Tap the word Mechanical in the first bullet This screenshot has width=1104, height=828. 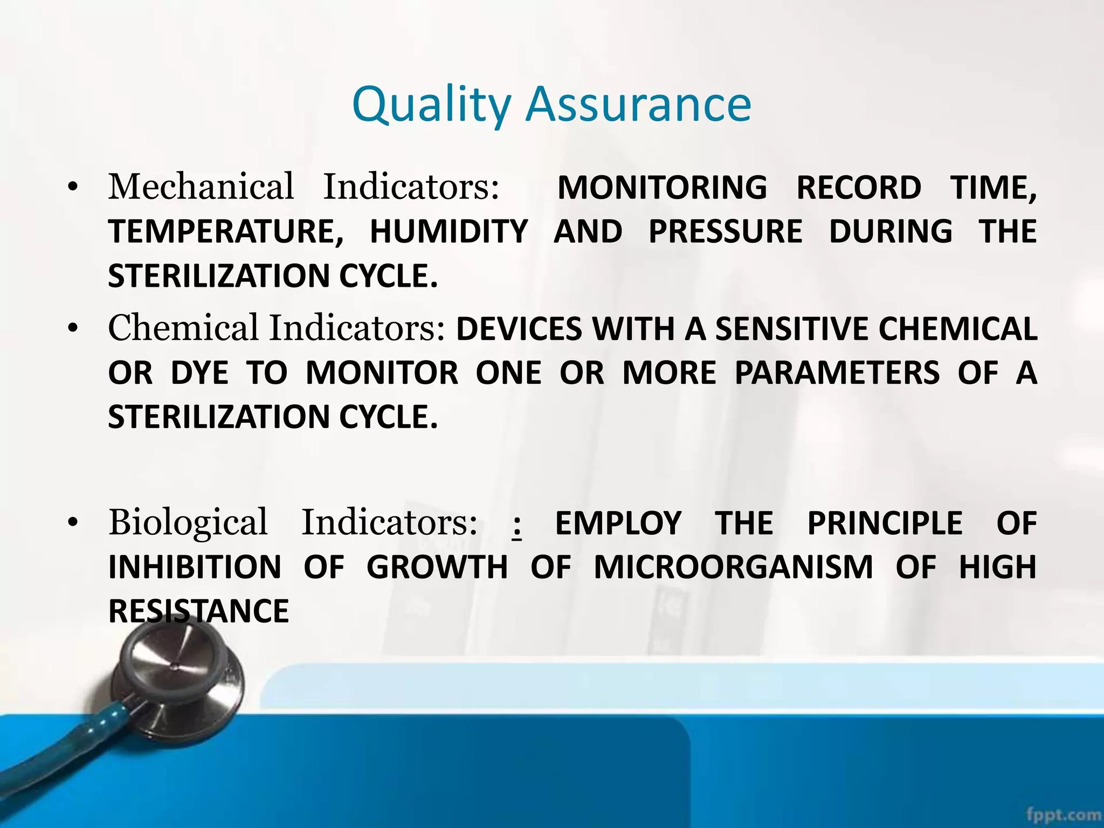point(201,187)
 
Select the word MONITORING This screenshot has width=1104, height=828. point(662,188)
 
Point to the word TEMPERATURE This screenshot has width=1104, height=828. point(225,232)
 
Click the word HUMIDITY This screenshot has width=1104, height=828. point(448,232)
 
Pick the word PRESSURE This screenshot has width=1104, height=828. point(725,232)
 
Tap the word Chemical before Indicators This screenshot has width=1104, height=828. point(183,328)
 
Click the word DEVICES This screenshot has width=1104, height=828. point(519,329)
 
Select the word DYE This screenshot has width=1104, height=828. point(199,373)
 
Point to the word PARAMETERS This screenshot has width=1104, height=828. point(837,373)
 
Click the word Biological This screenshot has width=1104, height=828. point(188,522)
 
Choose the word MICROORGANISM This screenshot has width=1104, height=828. point(733,568)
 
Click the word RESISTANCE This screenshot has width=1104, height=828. point(198,612)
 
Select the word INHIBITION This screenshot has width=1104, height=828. point(195,568)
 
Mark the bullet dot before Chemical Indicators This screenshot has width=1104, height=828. point(73,328)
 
